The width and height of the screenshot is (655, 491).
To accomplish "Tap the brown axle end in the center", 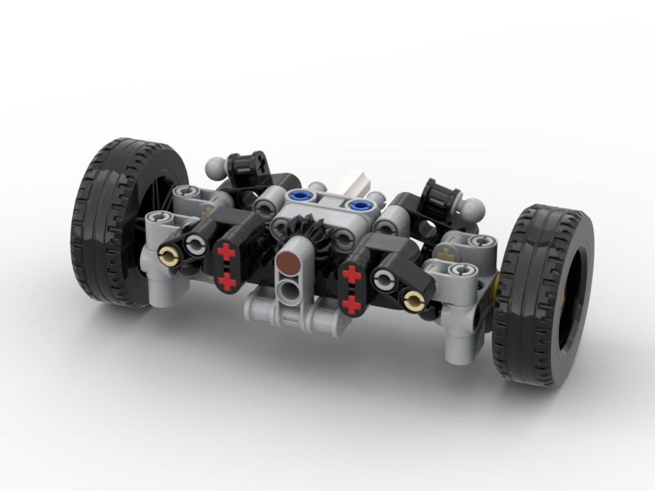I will click(x=288, y=263).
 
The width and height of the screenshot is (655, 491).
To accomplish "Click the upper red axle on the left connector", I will click(x=227, y=253).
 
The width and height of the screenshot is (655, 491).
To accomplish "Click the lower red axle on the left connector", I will click(x=227, y=282).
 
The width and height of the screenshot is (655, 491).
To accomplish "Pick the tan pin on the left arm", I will click(x=169, y=256).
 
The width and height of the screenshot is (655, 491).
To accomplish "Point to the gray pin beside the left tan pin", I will click(x=196, y=245).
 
